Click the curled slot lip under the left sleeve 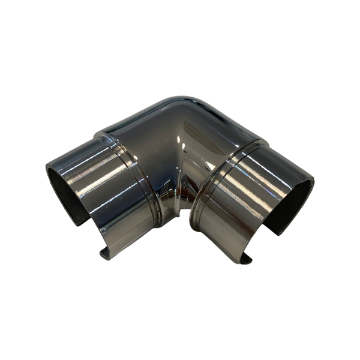[x=107, y=252]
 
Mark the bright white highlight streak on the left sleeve [x=90, y=171]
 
